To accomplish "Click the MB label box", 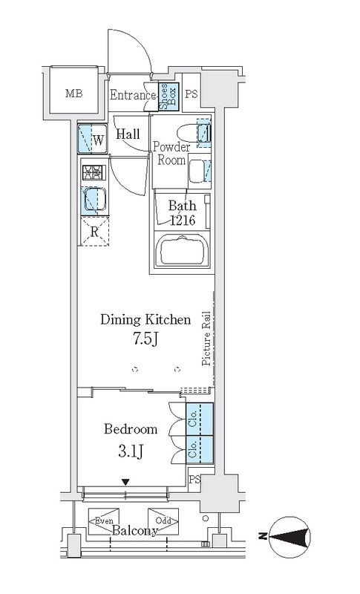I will click(73, 94).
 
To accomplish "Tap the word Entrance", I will click(133, 95).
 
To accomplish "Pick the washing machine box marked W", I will click(91, 137).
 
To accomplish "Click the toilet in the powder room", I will click(203, 134).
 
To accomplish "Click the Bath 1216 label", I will click(181, 213).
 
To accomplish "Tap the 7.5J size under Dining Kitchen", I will click(145, 339).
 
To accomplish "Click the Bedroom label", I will click(131, 429).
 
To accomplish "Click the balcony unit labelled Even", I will click(103, 520).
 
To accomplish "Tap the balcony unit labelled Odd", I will click(163, 520).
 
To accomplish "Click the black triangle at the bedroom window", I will click(125, 483).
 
